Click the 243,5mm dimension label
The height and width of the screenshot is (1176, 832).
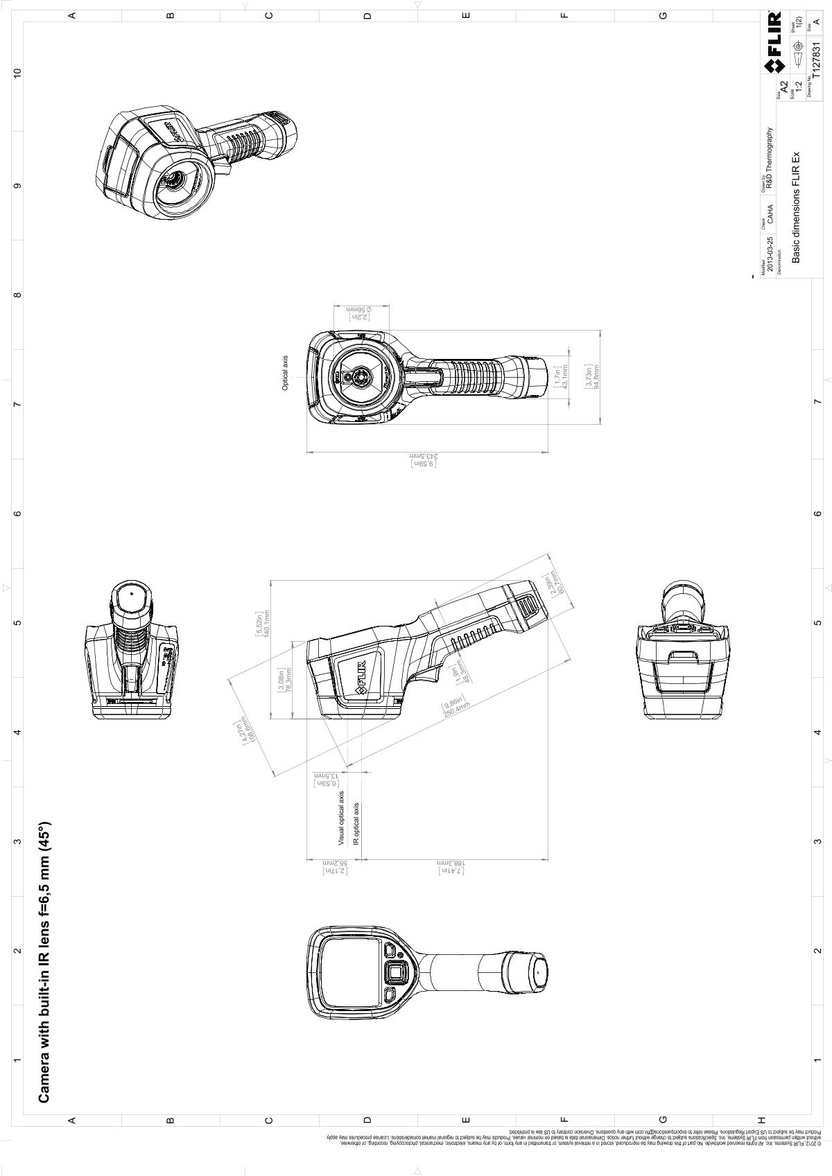425,457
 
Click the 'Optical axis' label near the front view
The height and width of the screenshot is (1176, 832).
285,374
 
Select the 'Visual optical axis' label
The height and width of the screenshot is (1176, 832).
341,818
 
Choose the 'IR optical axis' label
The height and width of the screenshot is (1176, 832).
357,824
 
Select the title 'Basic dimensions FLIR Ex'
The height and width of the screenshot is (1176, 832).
797,207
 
